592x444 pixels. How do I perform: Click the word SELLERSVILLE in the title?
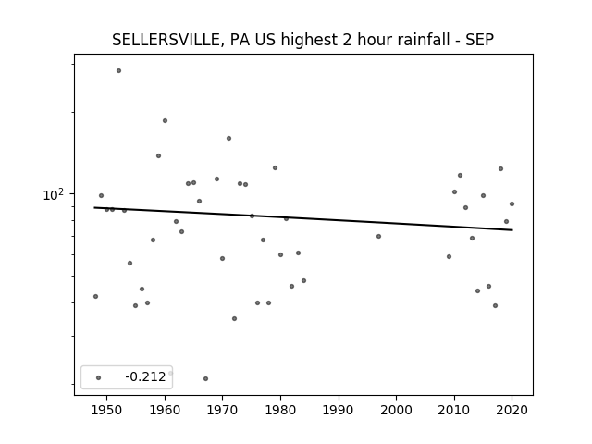coord(164,40)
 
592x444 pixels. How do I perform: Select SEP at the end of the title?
coord(479,40)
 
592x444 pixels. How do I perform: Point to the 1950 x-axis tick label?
coord(107,410)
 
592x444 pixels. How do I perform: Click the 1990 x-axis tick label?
coord(339,410)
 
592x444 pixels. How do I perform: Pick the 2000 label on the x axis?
coord(397,410)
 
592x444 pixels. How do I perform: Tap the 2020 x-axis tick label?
coord(512,410)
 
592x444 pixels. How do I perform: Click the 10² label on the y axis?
coord(54,194)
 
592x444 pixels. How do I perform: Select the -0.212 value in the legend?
coord(145,376)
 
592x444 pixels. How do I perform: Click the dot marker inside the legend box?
coord(99,377)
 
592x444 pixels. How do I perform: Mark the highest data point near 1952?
coord(118,70)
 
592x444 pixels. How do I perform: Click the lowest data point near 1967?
coord(205,378)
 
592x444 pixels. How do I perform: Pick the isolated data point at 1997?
coord(378,237)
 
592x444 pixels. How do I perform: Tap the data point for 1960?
coord(165,121)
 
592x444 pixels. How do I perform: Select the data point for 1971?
coord(228,138)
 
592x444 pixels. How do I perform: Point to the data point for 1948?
coord(95,296)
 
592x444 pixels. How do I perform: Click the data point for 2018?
coord(500,168)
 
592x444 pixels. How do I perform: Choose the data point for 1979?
coord(276,168)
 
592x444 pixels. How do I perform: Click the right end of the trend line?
coord(512,230)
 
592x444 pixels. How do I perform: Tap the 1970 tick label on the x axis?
coord(222,410)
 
